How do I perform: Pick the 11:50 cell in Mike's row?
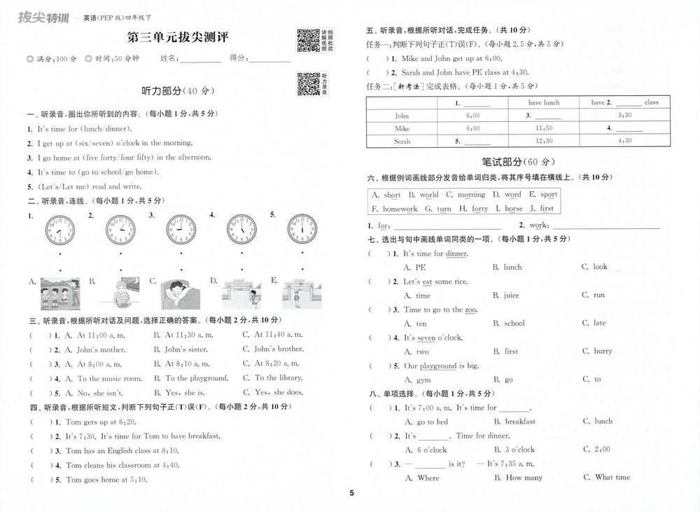[543, 128]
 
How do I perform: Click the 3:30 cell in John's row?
[624, 116]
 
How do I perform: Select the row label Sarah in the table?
[402, 141]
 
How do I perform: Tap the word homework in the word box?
[400, 209]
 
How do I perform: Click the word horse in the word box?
[513, 209]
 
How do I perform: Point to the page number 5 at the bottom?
[352, 493]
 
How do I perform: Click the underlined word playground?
[438, 366]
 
